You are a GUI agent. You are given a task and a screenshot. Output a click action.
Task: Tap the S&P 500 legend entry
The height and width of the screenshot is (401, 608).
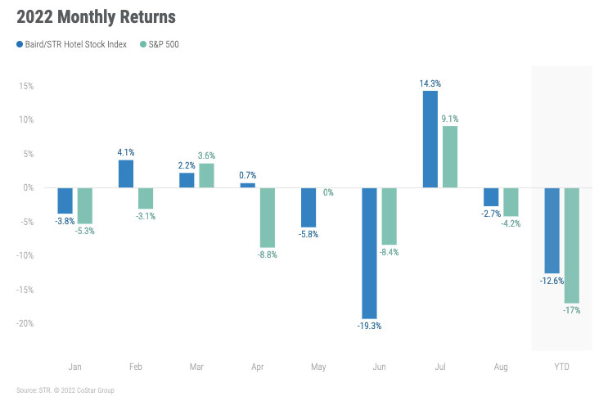(x=160, y=44)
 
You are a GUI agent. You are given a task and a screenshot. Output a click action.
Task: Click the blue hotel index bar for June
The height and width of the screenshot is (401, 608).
(x=370, y=253)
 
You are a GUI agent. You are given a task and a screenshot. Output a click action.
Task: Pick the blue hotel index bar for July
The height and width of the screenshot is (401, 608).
(x=430, y=139)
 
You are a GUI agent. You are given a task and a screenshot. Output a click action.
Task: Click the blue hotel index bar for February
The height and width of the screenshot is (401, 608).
(x=126, y=173)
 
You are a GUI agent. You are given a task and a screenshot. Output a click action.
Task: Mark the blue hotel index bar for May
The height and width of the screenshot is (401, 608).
(x=308, y=207)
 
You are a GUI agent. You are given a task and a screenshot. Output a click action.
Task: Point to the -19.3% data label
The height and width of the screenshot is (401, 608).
(x=369, y=326)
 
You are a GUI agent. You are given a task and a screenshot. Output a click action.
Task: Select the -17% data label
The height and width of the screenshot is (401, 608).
(x=570, y=310)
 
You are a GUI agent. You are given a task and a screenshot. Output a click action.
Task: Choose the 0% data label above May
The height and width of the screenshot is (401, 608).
(x=327, y=192)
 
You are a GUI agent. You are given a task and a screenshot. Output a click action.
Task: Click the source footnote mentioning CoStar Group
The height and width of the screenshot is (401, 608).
(x=65, y=390)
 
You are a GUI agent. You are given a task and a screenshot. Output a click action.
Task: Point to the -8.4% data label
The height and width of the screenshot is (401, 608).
(x=389, y=252)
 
